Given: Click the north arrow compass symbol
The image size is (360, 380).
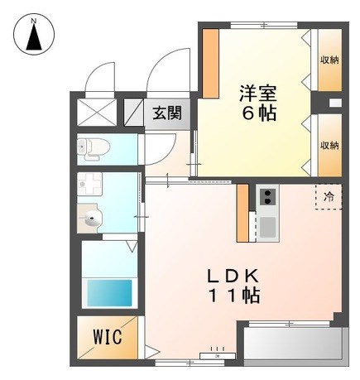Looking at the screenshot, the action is [x=34, y=34].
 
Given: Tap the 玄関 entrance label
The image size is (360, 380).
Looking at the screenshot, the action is [x=167, y=113].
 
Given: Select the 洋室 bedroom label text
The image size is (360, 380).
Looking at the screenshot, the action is [x=257, y=94].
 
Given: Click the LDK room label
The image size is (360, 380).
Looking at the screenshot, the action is [x=233, y=276].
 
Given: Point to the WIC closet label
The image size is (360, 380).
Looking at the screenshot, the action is [x=108, y=337].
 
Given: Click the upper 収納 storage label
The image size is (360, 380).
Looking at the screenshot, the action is [x=329, y=60].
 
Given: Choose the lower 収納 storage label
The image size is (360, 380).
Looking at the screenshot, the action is [x=329, y=145].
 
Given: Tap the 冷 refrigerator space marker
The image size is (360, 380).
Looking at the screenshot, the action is [x=329, y=196].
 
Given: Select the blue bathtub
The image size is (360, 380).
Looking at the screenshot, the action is [x=109, y=292].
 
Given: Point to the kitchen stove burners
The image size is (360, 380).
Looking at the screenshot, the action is [x=267, y=197].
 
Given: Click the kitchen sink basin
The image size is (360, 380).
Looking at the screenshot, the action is [x=267, y=227].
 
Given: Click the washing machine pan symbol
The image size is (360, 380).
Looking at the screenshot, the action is [x=90, y=183].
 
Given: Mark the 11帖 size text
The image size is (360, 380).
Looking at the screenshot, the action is [x=235, y=296].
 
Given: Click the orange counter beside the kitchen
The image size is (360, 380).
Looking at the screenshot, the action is [x=243, y=213].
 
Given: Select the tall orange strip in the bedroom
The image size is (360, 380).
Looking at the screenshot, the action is [x=211, y=64].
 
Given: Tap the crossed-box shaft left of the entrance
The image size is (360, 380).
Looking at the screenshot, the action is [x=97, y=113].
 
